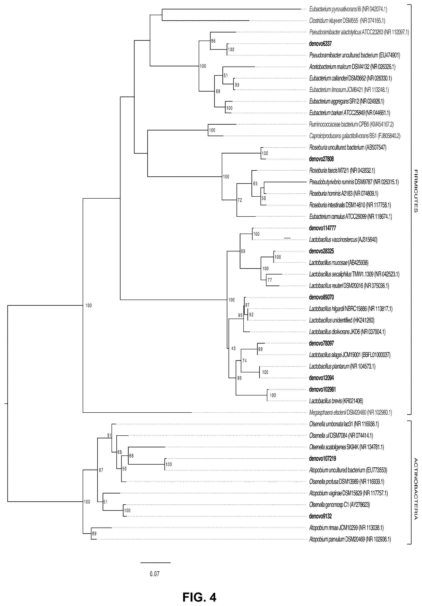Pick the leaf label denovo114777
(322, 228)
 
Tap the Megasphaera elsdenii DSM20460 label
(350, 412)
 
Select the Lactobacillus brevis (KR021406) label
(336, 401)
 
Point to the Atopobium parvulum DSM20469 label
(350, 540)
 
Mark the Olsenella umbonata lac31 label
(344, 424)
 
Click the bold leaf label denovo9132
(320, 516)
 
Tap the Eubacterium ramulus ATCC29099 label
(350, 217)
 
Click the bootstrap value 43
(234, 349)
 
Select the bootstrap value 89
(94, 533)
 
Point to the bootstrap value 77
(270, 280)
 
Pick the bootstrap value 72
(240, 200)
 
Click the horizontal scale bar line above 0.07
(156, 563)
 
